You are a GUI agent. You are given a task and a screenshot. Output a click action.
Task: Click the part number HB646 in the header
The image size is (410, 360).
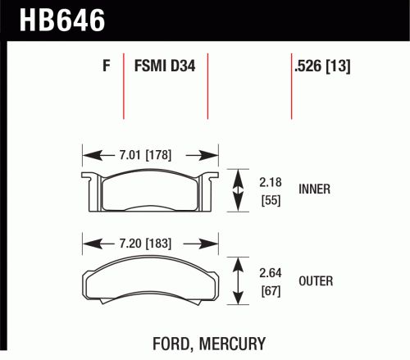pos(62,20)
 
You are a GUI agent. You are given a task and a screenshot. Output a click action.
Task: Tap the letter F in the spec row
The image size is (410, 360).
pos(107,66)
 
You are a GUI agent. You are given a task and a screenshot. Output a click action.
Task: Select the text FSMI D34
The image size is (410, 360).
pos(165,66)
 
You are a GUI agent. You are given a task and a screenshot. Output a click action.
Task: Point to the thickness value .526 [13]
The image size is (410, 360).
pos(322,66)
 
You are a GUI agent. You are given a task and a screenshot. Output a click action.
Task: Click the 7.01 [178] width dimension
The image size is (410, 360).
pos(145,155)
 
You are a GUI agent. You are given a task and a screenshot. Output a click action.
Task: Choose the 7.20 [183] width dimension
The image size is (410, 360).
pos(145,244)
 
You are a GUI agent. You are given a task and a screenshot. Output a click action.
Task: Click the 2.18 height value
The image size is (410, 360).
pos(271,182)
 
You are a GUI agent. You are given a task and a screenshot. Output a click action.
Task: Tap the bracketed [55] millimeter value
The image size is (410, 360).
pos(271,200)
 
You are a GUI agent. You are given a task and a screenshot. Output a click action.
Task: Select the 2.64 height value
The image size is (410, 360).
pos(271,273)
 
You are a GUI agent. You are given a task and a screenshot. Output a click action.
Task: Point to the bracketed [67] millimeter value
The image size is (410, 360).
pos(271,291)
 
